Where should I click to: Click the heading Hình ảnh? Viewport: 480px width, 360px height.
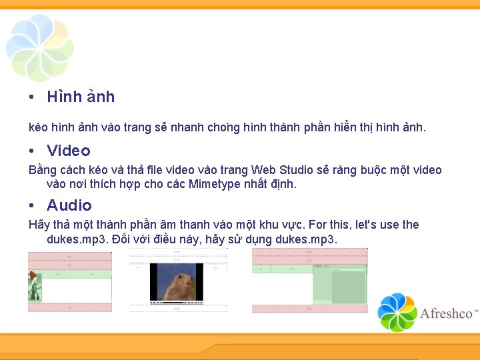pos(81,97)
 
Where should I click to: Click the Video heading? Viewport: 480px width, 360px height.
pos(69,151)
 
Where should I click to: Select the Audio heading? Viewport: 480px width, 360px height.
pos(69,205)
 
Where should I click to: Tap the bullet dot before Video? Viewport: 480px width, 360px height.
pos(31,151)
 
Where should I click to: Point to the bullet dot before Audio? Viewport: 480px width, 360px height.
pos(31,206)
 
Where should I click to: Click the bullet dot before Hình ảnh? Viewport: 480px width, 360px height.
pos(31,97)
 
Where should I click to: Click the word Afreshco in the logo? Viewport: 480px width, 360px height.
pos(446,313)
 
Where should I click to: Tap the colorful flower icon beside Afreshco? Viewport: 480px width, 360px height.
pos(397,312)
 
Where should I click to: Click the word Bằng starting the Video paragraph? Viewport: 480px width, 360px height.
pos(43,170)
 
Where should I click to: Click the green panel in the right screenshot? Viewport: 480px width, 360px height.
pos(348,287)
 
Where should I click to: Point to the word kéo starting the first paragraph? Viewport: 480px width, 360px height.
pos(38,127)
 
